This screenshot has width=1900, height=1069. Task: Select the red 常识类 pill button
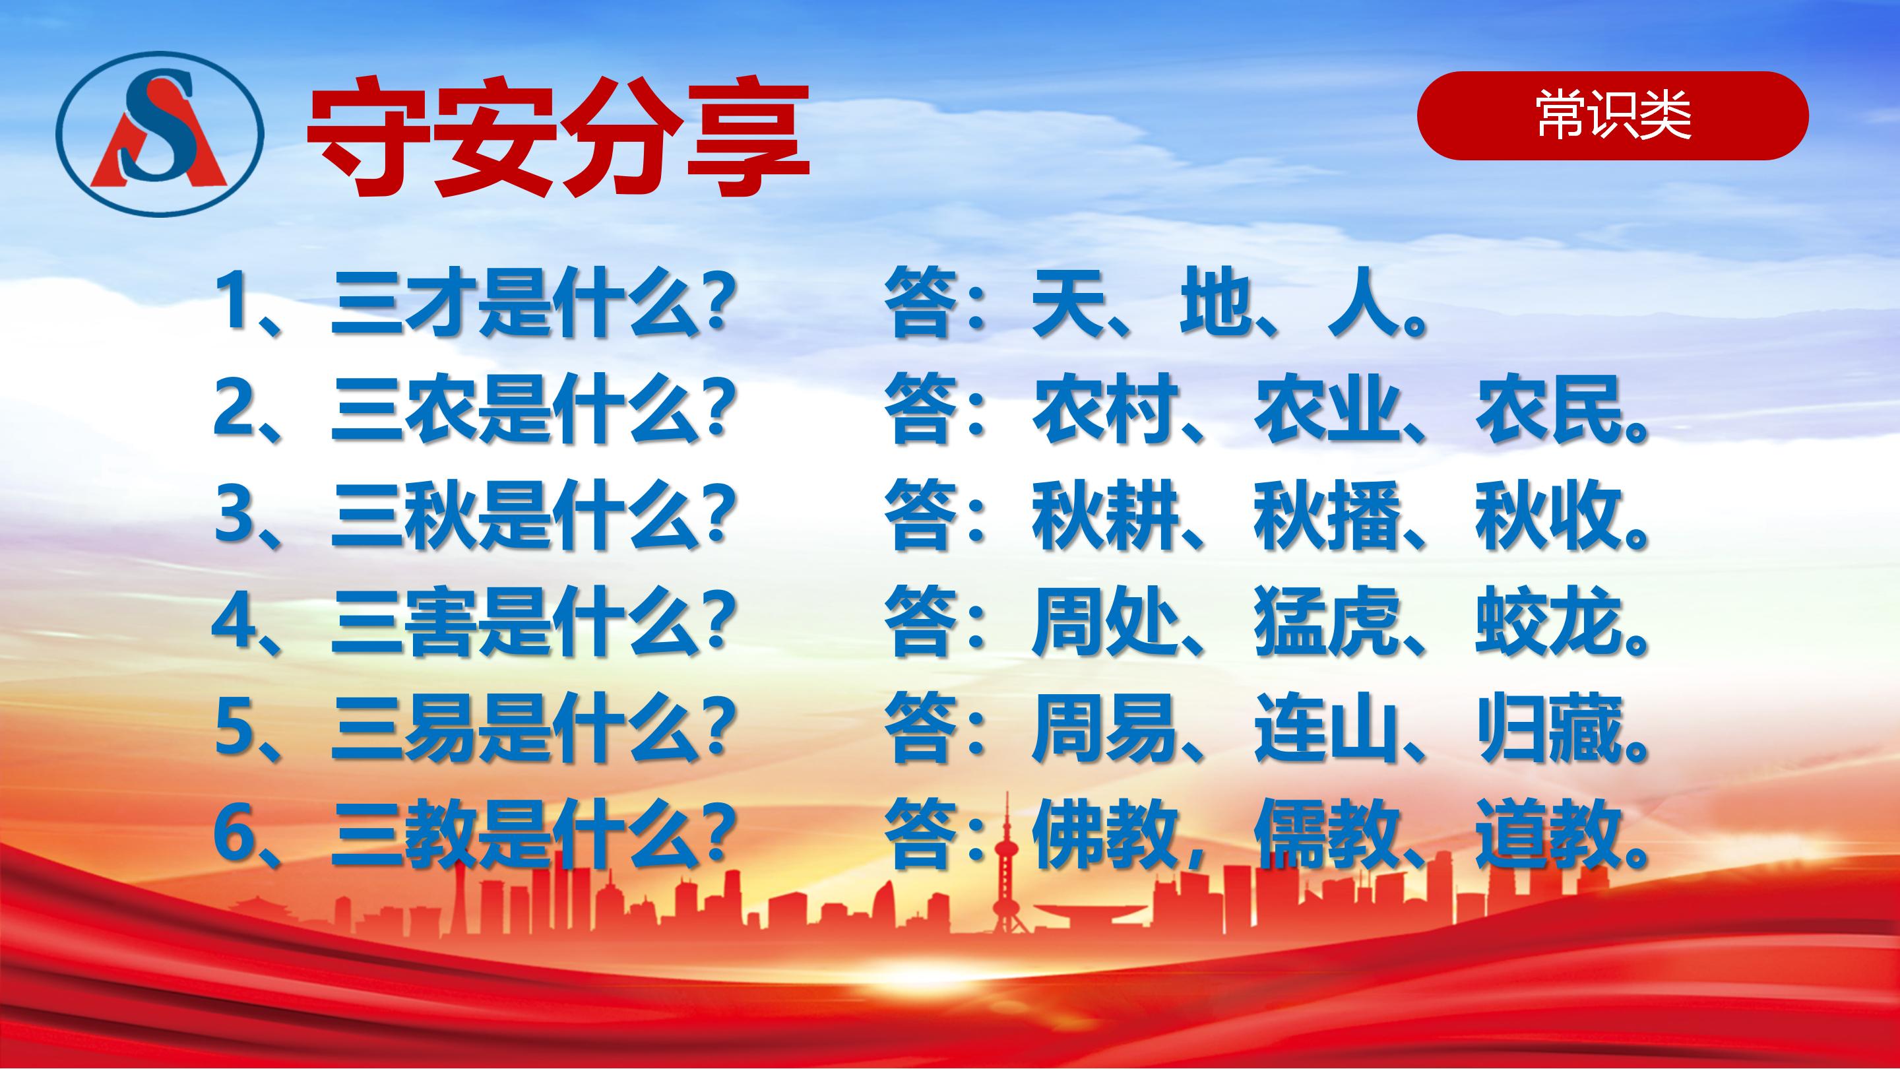tap(1613, 116)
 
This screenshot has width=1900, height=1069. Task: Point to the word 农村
tap(1105, 408)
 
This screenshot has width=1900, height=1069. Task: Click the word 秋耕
tap(1105, 515)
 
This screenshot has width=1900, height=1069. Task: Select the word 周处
tap(1105, 621)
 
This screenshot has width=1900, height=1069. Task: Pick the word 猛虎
tap(1326, 621)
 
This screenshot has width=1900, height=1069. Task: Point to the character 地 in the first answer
tap(1215, 305)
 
